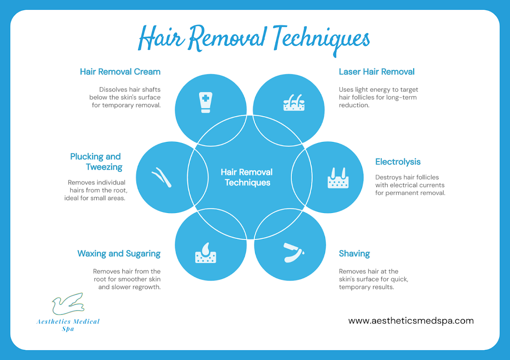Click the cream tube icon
click(206, 102)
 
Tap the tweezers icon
click(161, 177)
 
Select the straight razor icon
click(294, 253)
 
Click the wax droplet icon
click(206, 253)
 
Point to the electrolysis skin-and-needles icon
click(338, 178)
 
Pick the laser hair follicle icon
click(294, 102)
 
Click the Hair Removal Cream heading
click(120, 72)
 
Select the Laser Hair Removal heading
click(377, 72)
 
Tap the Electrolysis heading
click(398, 162)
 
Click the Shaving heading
click(354, 254)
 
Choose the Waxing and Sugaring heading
click(119, 254)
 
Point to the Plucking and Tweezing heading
click(96, 162)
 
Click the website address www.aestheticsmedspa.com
click(411, 320)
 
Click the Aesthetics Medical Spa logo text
click(68, 325)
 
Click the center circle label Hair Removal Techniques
click(246, 177)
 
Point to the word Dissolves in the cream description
click(110, 90)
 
